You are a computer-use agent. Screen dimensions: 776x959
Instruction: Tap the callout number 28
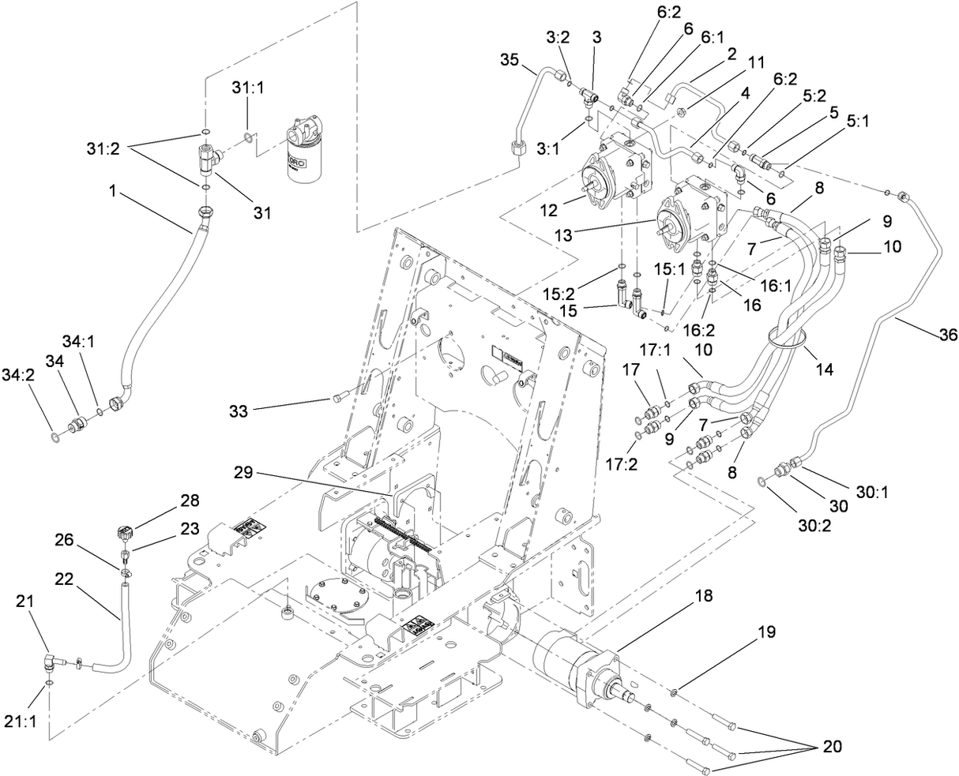(190, 500)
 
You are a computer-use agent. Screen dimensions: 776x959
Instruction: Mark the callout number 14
(824, 367)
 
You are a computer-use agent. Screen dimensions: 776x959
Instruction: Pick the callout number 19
(765, 632)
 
